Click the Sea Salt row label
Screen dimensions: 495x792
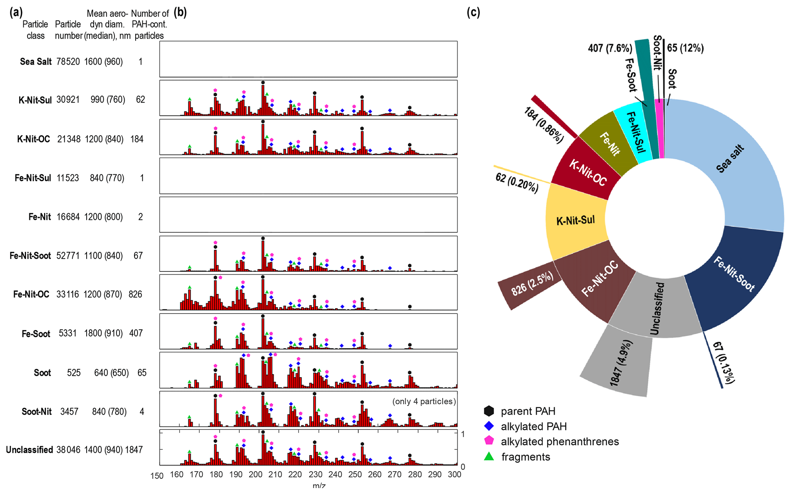coord(36,62)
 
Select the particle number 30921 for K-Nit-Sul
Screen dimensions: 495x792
coord(68,100)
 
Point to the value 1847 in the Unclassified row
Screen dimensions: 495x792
coord(134,450)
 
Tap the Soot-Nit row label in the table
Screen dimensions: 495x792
coord(37,412)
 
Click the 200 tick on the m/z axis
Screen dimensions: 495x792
coord(256,475)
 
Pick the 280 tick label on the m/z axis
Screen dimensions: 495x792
coord(415,475)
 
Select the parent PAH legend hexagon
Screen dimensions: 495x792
coord(489,411)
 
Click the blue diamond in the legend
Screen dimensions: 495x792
coord(489,426)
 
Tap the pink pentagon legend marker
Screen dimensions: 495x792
coord(489,441)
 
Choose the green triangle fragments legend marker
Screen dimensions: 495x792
coord(489,456)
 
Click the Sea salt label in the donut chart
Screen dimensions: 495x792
coord(730,159)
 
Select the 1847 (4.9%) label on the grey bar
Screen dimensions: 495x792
coord(621,363)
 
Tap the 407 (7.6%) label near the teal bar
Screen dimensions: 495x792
coord(610,49)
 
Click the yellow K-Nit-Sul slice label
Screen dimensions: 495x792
coord(576,220)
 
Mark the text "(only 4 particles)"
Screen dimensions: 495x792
coord(424,401)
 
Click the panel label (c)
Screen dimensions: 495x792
coord(473,13)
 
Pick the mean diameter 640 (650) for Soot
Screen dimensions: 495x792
coord(111,373)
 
